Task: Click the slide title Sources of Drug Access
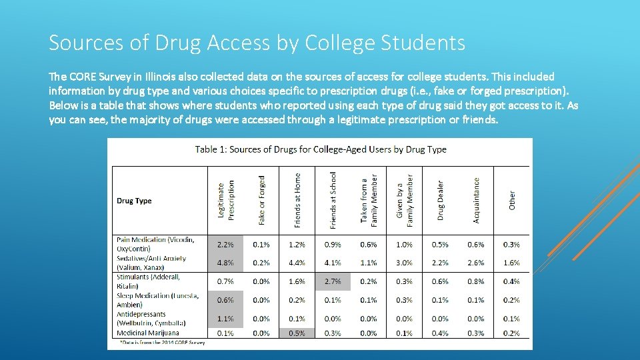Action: pos(257,43)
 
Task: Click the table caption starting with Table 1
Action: pos(321,149)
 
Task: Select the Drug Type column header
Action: pos(134,201)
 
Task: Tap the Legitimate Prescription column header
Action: pos(226,199)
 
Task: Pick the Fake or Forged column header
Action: pos(262,200)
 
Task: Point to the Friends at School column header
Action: pos(333,200)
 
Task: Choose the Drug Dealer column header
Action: pos(440,200)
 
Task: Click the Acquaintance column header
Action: pos(476,200)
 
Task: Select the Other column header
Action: pos(512,201)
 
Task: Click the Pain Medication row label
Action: pos(155,243)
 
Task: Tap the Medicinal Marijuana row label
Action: pos(147,333)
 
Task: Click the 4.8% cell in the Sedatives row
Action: pos(226,263)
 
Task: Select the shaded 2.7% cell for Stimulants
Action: pos(333,281)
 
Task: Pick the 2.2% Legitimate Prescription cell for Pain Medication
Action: pos(226,245)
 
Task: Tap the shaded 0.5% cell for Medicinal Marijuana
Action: pos(297,333)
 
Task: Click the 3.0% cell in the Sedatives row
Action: pos(404,263)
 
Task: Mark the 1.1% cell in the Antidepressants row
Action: pos(226,319)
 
